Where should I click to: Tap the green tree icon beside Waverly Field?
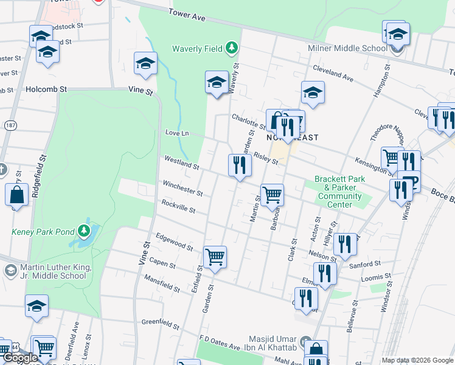[231, 47]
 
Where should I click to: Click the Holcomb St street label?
[46, 89]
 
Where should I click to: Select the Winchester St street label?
[182, 188]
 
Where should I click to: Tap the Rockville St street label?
[178, 206]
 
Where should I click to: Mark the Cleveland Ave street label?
[333, 73]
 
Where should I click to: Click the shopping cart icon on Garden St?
[215, 257]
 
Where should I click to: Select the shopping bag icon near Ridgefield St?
[16, 195]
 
